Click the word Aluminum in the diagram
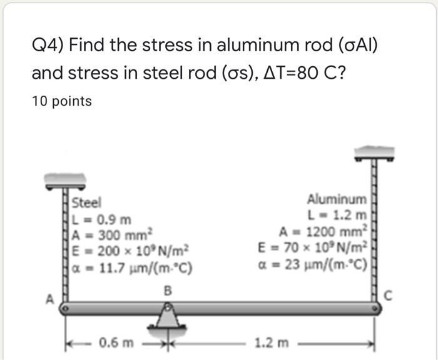337,199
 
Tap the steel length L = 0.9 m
102,219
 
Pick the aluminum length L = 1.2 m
338,216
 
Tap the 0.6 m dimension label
117,342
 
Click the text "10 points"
61,101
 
